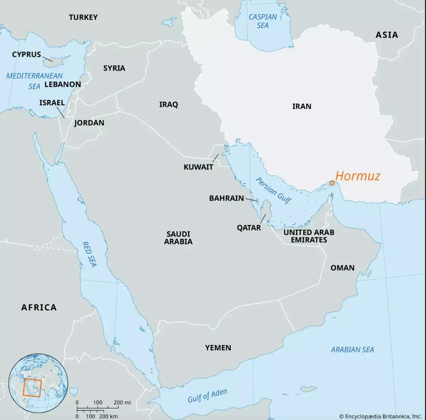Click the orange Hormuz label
(357, 176)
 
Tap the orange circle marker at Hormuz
(332, 183)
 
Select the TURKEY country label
(83, 17)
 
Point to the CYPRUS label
(27, 55)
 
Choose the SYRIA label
(114, 68)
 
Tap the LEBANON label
(62, 84)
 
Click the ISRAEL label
(52, 103)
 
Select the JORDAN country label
(89, 123)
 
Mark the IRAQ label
(168, 105)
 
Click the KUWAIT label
(198, 167)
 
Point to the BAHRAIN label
(226, 198)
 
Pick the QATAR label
(249, 228)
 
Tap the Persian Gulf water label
(273, 190)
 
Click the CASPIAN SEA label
(263, 21)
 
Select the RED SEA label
(89, 254)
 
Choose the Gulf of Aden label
(207, 396)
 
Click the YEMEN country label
(218, 348)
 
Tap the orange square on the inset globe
(32, 388)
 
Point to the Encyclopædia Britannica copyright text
(380, 416)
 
